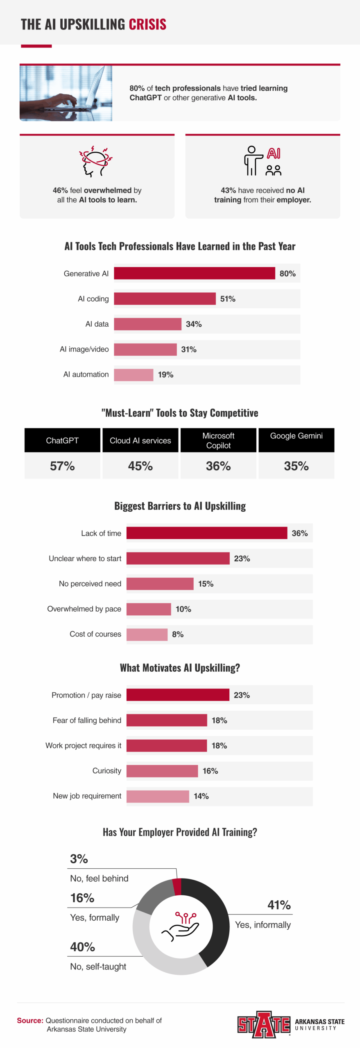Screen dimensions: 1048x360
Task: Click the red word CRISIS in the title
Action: tap(147, 25)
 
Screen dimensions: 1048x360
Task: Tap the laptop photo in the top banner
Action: tap(66, 93)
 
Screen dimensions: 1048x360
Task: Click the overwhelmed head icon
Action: tap(95, 161)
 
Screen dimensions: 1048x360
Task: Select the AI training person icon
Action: tap(262, 161)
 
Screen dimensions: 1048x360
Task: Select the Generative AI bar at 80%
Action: tap(194, 273)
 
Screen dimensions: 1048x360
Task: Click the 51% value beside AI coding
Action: tap(228, 299)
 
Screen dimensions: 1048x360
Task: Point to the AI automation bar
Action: tap(134, 375)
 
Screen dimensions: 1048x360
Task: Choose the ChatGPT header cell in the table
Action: tap(62, 440)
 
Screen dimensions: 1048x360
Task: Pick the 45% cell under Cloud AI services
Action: tap(140, 466)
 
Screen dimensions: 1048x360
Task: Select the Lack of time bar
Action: tap(206, 533)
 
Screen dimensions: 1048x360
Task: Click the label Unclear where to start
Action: tap(85, 558)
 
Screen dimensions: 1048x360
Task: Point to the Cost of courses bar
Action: tap(147, 634)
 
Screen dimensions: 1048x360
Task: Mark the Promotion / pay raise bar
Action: tap(178, 695)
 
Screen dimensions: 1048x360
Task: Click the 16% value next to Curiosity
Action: tap(210, 771)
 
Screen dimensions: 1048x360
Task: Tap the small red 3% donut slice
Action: tap(177, 887)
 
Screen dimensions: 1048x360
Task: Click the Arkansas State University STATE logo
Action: tap(264, 1025)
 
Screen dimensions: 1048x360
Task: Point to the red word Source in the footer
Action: tap(30, 1020)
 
